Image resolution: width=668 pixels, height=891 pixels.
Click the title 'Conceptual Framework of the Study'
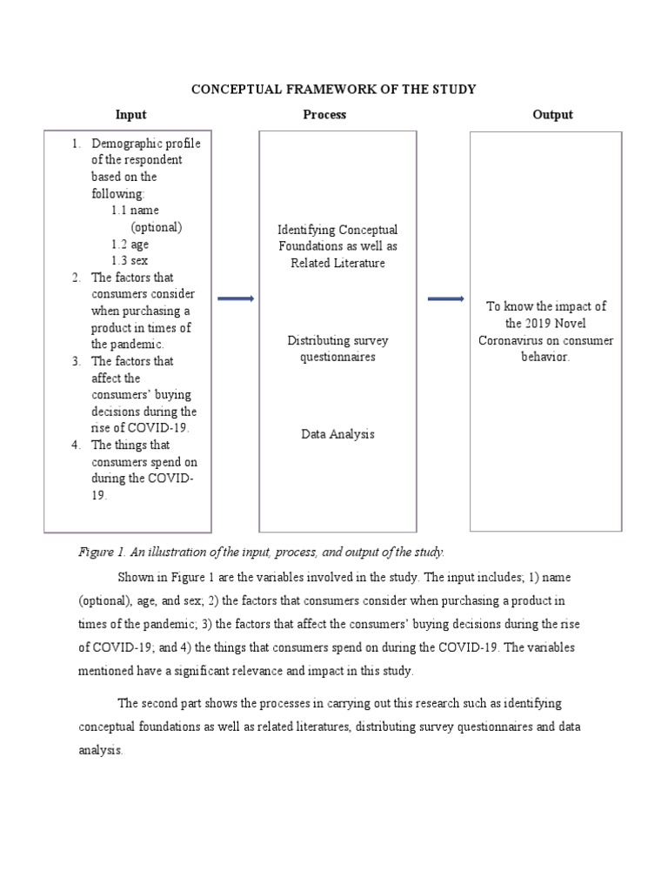(334, 90)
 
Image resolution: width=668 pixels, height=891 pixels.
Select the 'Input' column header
(131, 115)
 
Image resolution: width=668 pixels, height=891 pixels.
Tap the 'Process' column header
(324, 115)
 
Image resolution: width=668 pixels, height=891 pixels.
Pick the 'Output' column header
(552, 115)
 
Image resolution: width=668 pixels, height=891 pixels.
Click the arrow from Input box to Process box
(235, 298)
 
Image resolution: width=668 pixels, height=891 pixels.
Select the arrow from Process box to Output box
(445, 298)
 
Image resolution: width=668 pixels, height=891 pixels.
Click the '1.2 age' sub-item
(130, 245)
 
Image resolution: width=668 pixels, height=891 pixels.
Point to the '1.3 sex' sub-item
(130, 261)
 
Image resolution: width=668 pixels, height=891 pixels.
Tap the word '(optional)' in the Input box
(157, 228)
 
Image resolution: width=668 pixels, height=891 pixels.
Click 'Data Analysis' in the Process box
(337, 433)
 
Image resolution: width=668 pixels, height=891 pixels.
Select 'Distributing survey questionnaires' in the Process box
(337, 348)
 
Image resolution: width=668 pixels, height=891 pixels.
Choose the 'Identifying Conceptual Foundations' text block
(337, 246)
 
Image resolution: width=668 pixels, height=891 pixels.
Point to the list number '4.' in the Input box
(77, 445)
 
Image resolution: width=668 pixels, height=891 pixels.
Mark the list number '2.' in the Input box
(77, 278)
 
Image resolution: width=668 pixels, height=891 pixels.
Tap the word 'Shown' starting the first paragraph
(134, 578)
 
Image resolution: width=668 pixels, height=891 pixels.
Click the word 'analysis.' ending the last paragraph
(101, 750)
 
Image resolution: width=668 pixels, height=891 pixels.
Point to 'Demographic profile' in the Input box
(145, 144)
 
